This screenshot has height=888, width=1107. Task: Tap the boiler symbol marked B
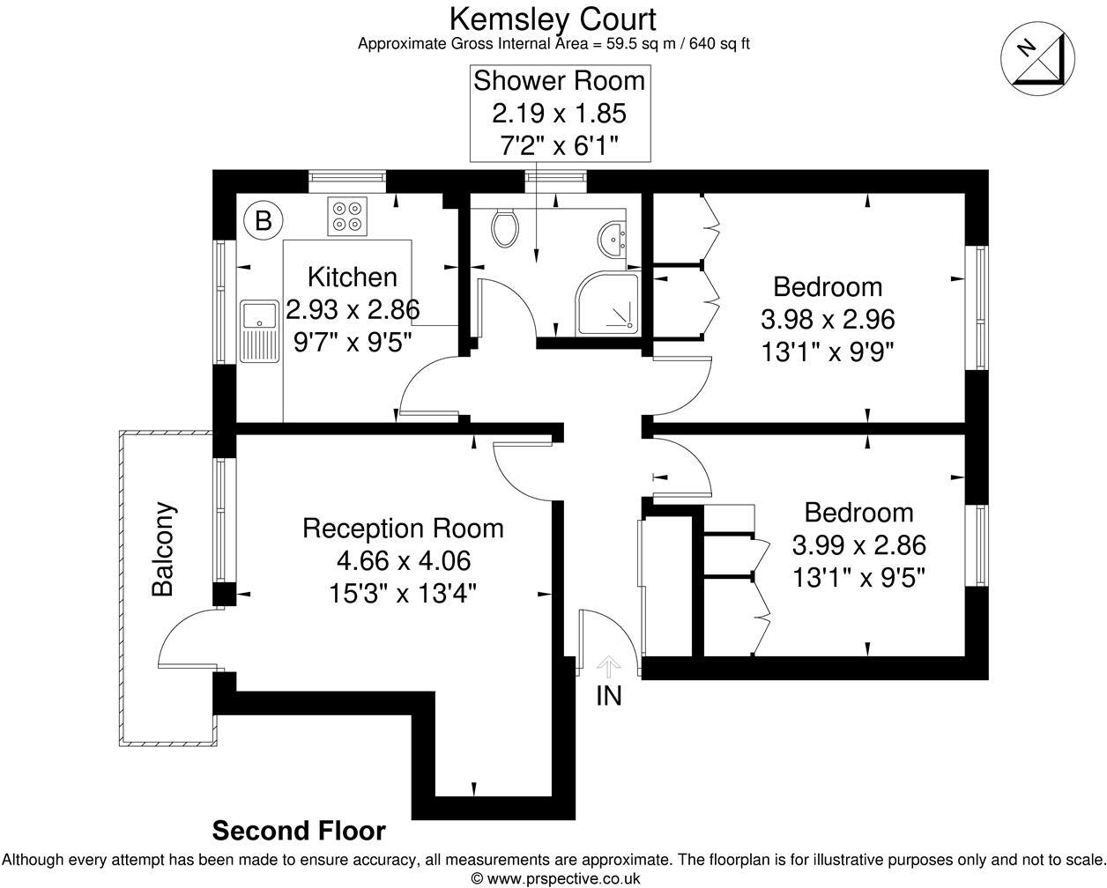coord(263,220)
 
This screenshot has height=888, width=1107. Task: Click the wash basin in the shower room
coord(611,237)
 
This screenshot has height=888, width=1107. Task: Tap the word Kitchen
coord(352,277)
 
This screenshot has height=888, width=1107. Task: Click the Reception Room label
coord(403,528)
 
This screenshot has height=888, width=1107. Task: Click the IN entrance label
coord(609,696)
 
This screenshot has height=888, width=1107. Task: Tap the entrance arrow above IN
coord(609,666)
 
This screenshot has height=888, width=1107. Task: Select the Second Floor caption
coord(299,831)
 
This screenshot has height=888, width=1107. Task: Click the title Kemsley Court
coord(553,18)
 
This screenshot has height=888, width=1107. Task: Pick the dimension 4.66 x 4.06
coord(403,560)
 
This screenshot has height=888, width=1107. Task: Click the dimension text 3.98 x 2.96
coord(827,318)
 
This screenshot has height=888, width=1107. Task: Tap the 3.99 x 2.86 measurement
coord(858,545)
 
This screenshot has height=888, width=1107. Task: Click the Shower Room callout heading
coord(560,81)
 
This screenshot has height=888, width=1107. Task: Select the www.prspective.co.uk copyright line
coord(555,878)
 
